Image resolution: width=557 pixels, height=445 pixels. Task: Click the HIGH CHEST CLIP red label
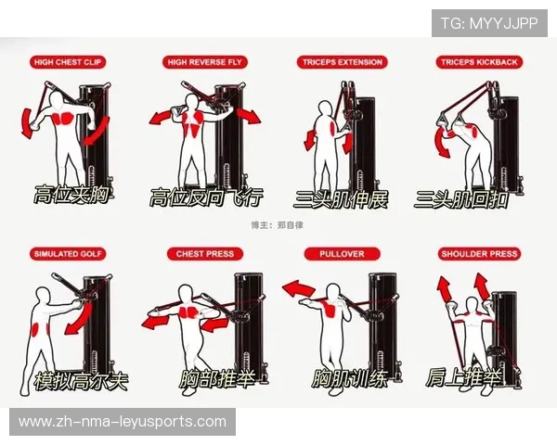tap(68, 62)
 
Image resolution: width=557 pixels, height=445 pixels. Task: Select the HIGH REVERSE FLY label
tap(204, 62)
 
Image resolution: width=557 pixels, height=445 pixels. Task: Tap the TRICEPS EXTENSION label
tap(342, 62)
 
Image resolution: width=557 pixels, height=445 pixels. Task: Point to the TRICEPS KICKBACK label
tap(479, 62)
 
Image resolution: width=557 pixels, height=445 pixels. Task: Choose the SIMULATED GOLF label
tap(68, 254)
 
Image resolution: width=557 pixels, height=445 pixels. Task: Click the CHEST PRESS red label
tap(205, 254)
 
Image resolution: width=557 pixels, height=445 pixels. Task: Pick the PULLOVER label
tap(342, 254)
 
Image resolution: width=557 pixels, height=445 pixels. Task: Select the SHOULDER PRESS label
tap(479, 254)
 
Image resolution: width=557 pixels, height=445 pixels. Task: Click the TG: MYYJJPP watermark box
tap(489, 23)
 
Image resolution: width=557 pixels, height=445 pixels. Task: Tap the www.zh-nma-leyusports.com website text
tap(123, 422)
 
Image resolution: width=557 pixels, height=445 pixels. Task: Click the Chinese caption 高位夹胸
tap(71, 195)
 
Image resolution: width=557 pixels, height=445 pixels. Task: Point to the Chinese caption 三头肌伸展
tap(341, 199)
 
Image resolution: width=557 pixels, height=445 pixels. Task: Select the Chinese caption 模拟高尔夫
tap(81, 381)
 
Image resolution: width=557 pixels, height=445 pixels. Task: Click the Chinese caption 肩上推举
tap(464, 377)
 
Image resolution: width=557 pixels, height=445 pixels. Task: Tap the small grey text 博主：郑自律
tap(277, 225)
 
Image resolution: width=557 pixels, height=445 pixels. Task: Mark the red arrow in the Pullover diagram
tap(298, 288)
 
